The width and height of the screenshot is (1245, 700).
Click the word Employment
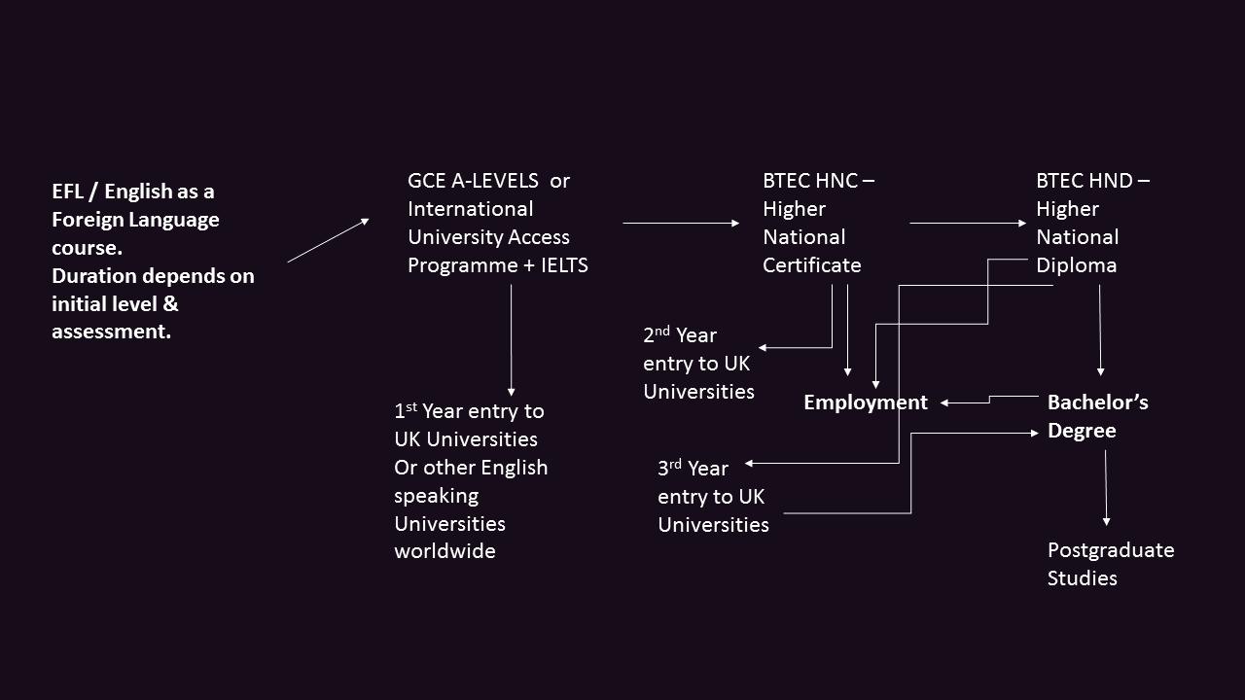(865, 402)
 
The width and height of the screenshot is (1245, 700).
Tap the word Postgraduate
(1110, 550)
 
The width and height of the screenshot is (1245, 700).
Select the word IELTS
(564, 264)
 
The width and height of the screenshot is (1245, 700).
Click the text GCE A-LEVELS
(473, 181)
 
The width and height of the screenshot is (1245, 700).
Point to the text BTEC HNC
(809, 181)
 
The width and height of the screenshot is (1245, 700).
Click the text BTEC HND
(1083, 181)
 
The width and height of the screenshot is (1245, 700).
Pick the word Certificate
(812, 264)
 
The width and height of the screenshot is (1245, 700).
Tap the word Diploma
(1076, 264)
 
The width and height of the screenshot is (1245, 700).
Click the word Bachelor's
(1097, 402)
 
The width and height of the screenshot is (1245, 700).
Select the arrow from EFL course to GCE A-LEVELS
(328, 240)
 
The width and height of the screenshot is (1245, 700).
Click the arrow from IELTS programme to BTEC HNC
(681, 224)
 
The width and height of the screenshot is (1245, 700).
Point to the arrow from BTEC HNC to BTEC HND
(967, 224)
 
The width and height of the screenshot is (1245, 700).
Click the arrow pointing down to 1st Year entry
(511, 340)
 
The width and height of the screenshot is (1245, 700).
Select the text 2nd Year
(679, 335)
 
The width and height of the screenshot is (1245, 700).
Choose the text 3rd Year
(693, 469)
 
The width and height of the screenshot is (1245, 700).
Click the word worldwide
(445, 551)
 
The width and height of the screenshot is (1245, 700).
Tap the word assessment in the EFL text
(110, 332)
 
